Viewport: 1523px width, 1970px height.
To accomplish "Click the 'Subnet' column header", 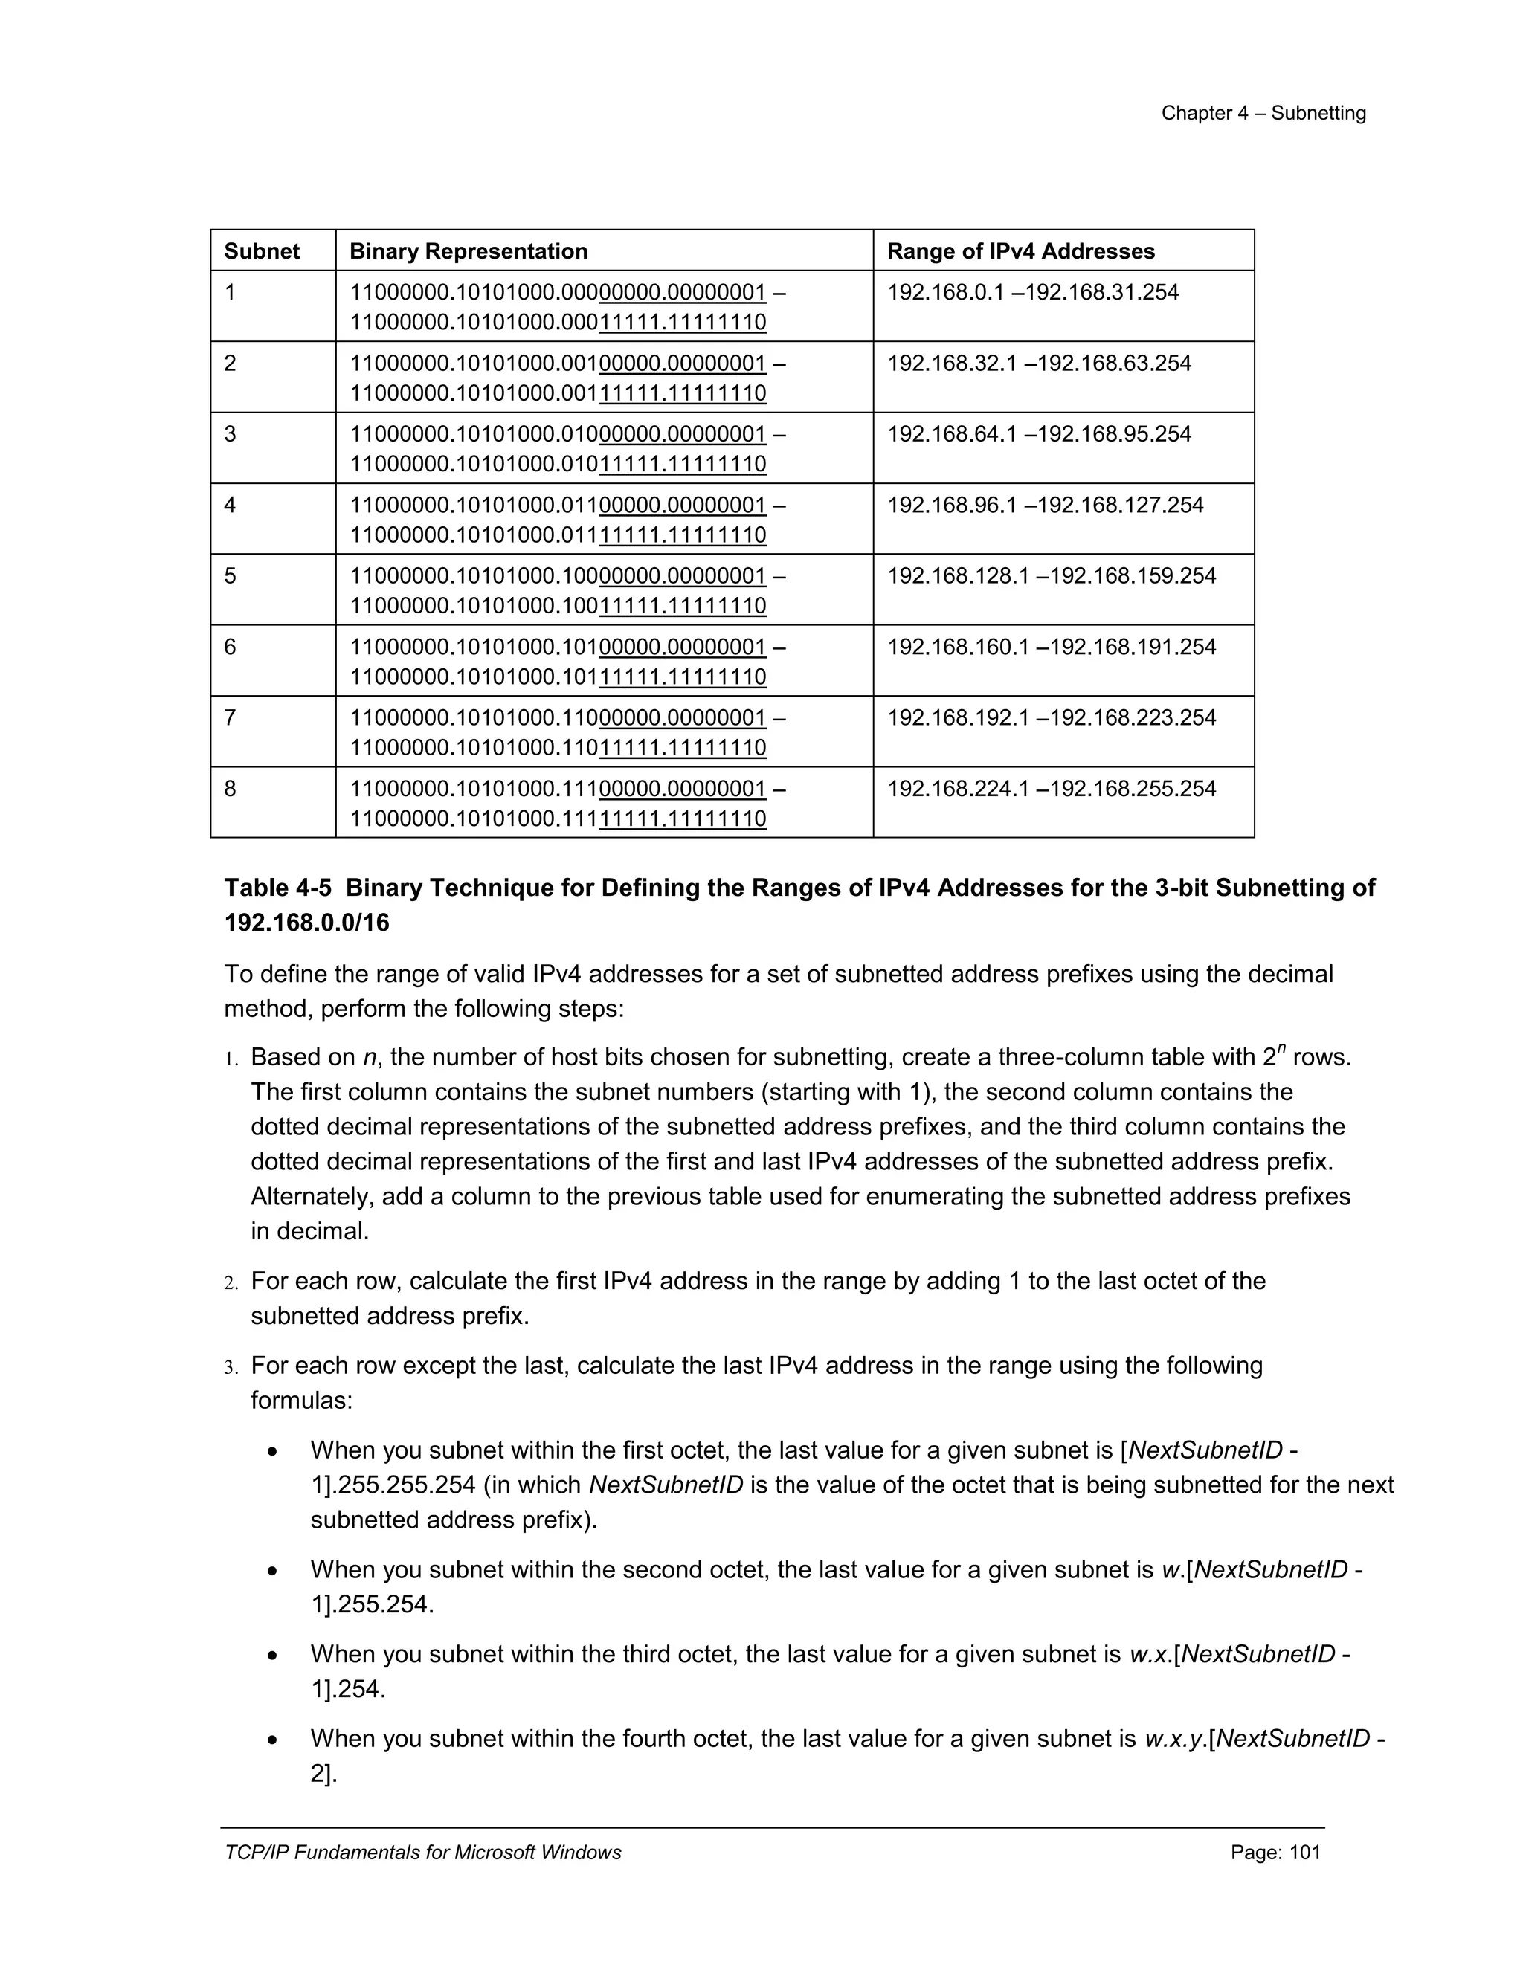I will [x=262, y=251].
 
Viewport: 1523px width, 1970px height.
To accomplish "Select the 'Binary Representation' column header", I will [x=469, y=251].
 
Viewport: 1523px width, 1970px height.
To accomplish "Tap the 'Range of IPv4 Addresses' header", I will [x=1020, y=251].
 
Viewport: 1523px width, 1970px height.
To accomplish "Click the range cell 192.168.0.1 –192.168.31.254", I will [x=1032, y=292].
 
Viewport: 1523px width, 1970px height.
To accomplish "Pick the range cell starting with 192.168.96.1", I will [x=1045, y=505].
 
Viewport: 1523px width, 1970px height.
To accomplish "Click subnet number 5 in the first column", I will [x=230, y=575].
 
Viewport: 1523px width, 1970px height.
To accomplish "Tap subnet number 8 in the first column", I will [x=230, y=788].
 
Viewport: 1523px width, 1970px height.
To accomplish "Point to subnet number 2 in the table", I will [x=230, y=364].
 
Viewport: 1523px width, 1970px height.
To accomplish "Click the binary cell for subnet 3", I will [x=567, y=448].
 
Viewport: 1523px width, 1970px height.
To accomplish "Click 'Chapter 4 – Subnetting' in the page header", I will [x=1263, y=113].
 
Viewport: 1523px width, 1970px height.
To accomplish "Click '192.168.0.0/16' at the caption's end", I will [x=307, y=923].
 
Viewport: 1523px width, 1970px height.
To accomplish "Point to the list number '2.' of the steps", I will [x=231, y=1282].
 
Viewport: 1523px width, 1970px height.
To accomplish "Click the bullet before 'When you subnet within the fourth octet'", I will [x=272, y=1739].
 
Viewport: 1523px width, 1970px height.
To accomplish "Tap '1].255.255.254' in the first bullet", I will [x=393, y=1485].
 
